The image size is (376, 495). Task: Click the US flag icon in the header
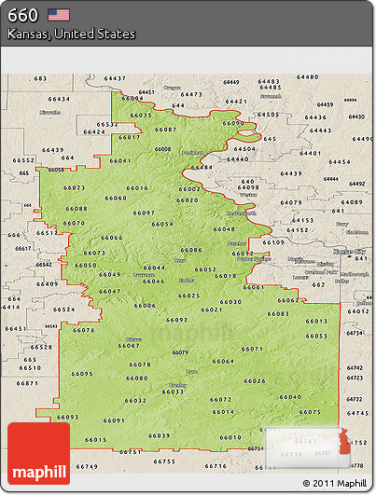click(59, 14)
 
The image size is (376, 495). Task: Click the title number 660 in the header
click(22, 15)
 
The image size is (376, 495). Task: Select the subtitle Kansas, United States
click(72, 34)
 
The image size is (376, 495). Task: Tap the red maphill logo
click(38, 454)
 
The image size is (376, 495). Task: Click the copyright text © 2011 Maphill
click(333, 483)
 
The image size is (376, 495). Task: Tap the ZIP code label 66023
click(75, 188)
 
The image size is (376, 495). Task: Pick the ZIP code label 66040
click(290, 397)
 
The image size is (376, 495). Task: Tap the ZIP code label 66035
click(142, 115)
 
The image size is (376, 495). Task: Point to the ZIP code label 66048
click(224, 229)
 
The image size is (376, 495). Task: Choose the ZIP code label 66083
click(278, 314)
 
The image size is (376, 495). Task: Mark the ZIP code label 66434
click(59, 99)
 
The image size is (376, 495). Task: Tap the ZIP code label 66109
click(274, 242)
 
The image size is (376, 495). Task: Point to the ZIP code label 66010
click(230, 437)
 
